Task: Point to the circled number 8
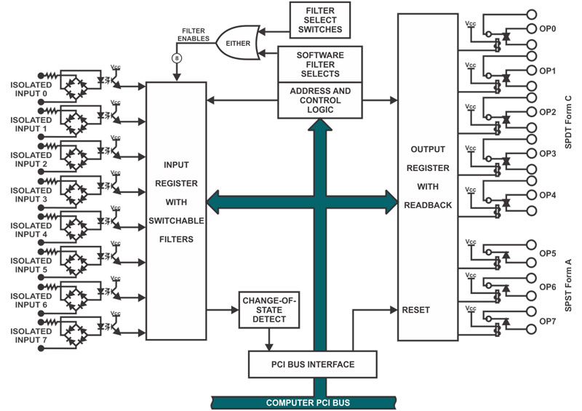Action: [177, 58]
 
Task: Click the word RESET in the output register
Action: [415, 310]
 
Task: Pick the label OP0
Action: [548, 28]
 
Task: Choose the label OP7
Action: [548, 321]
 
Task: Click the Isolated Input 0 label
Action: [31, 89]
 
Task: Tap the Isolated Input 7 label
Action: [31, 335]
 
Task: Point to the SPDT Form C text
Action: [568, 122]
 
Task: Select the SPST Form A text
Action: [568, 285]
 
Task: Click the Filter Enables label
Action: [194, 34]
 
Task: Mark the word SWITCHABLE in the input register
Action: [176, 220]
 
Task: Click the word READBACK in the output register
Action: [428, 205]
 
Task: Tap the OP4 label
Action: [548, 195]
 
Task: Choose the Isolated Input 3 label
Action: [31, 195]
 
